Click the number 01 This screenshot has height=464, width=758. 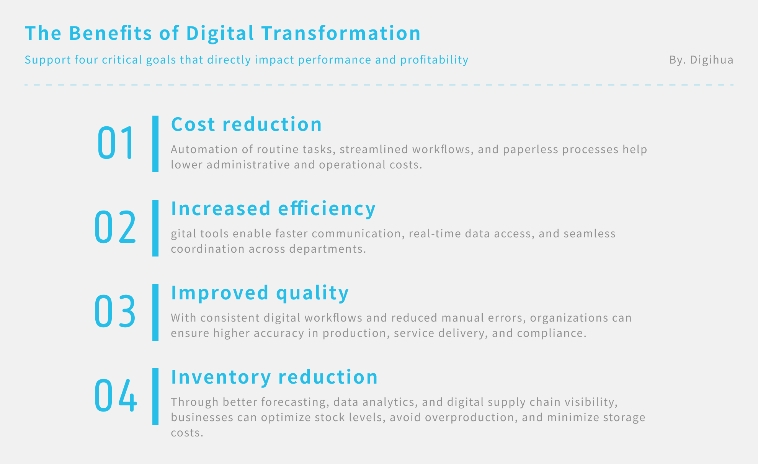116,142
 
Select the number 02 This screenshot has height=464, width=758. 115,227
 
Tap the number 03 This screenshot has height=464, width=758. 115,311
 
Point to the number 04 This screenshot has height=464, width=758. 116,395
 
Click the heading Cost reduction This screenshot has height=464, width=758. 247,124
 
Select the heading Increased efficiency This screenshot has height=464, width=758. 273,209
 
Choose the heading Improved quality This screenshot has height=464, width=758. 260,293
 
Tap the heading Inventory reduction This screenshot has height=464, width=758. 274,377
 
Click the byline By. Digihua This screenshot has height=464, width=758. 701,60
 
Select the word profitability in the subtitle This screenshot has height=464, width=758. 435,60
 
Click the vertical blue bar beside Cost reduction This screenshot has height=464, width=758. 155,144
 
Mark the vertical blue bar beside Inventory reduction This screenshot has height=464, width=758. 155,397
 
